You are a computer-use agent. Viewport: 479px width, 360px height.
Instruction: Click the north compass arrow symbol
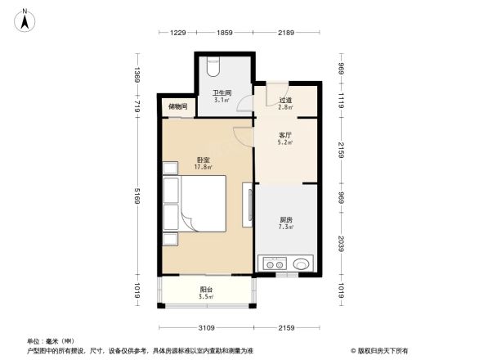coord(26,19)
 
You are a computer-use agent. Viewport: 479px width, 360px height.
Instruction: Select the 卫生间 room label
coord(222,92)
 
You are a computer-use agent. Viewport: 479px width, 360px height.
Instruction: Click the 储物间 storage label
coord(177,107)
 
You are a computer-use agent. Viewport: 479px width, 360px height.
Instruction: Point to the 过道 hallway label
coord(285,100)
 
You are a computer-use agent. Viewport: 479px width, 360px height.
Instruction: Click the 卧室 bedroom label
coord(203,160)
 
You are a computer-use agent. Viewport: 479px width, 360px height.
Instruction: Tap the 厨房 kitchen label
coord(287,219)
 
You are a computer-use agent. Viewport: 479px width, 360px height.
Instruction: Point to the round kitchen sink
coord(301,263)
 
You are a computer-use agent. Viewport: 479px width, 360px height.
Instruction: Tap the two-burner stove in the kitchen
coord(274,263)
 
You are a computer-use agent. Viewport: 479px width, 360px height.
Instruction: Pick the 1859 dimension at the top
coord(225,32)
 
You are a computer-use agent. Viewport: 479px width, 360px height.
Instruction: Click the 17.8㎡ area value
coord(203,168)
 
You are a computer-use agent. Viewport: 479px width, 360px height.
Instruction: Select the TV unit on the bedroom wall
coord(247,205)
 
